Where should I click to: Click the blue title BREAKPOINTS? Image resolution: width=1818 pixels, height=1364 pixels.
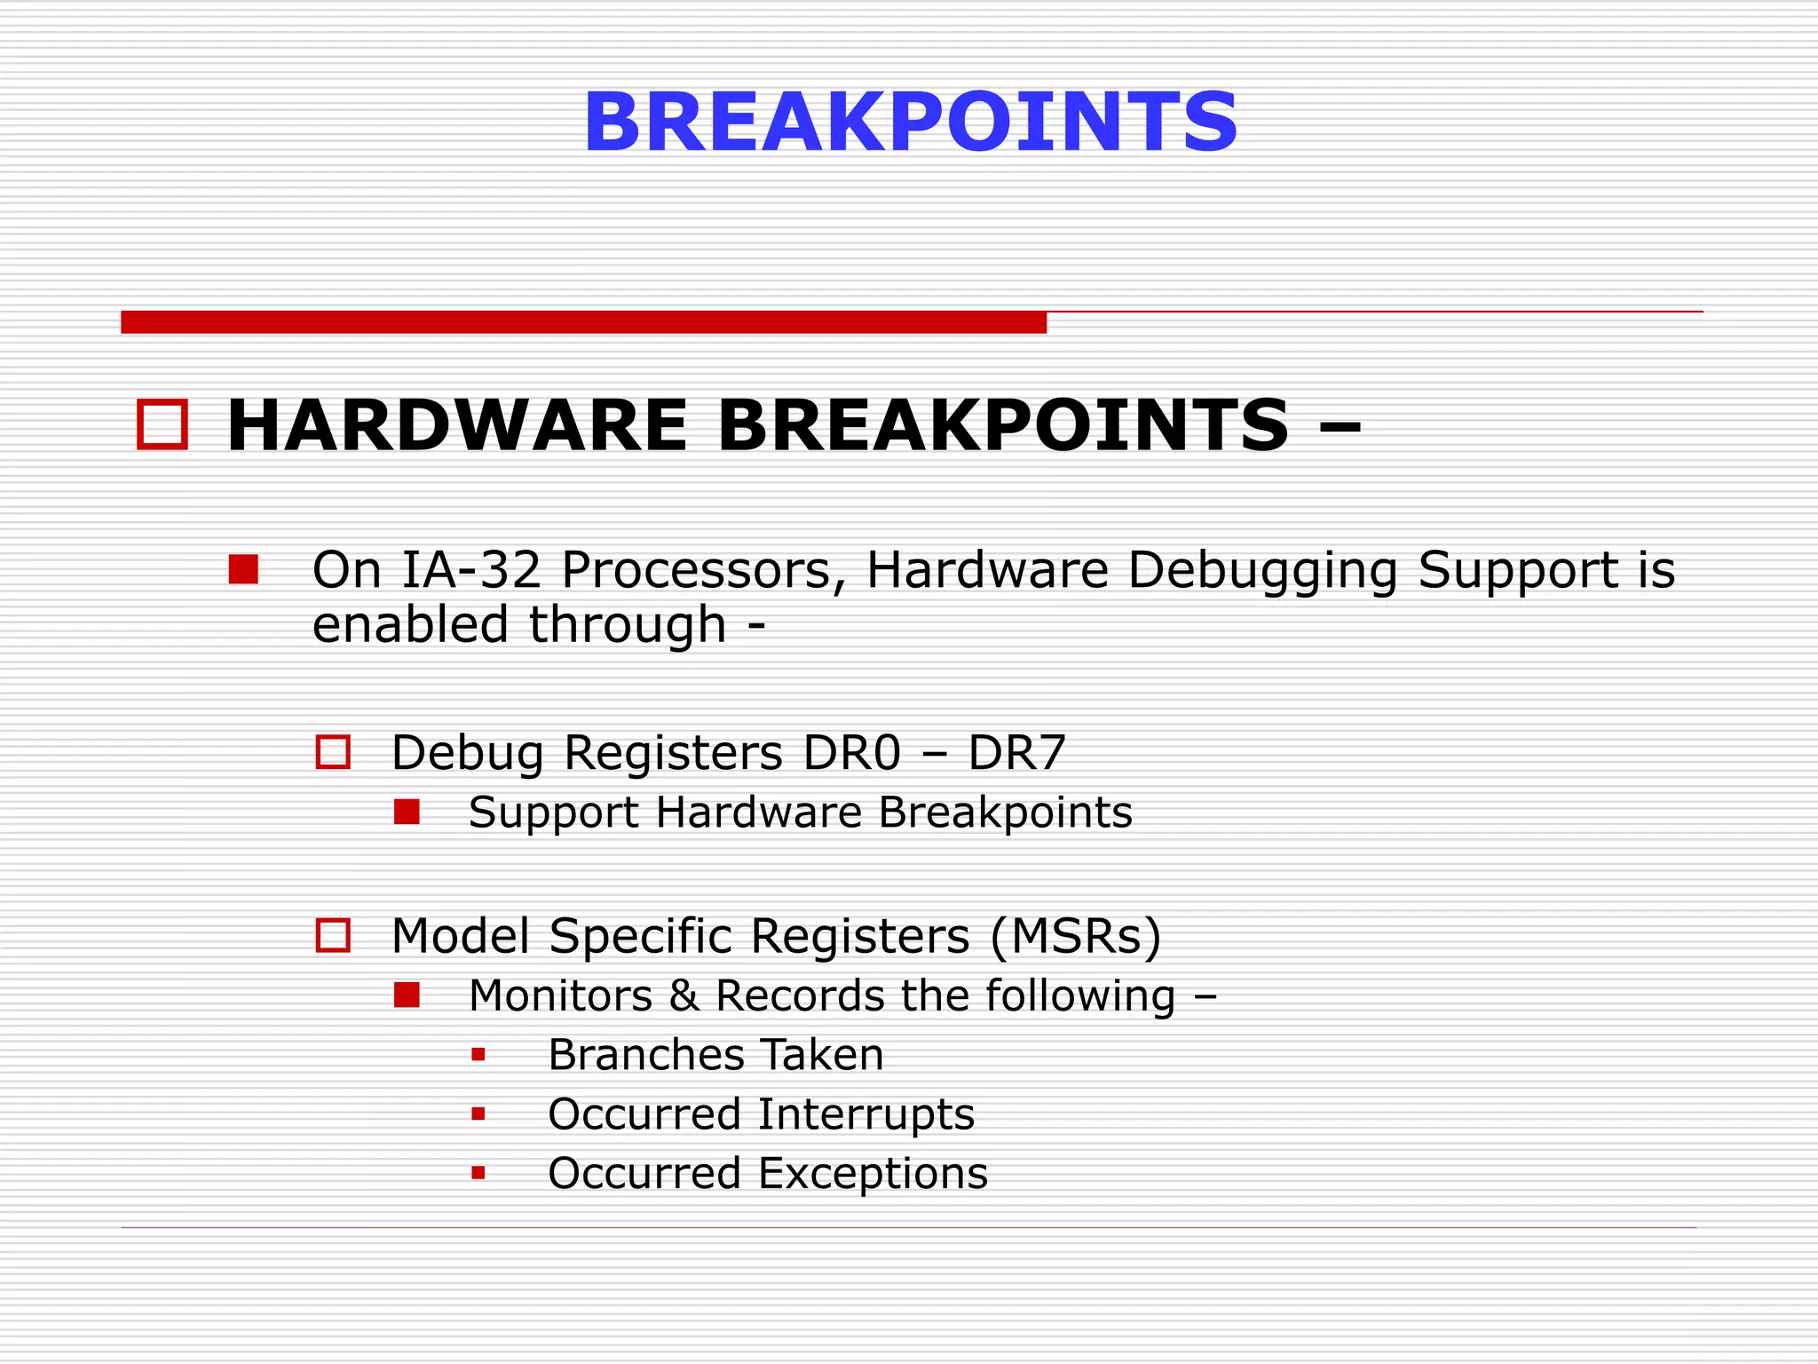[910, 123]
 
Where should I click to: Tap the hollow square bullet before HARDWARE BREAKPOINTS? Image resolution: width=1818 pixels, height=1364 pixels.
[162, 425]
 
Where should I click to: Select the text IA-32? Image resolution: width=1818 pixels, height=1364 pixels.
[471, 569]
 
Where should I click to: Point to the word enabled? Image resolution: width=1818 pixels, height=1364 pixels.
[411, 624]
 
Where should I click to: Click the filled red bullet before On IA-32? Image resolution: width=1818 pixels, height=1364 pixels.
[243, 569]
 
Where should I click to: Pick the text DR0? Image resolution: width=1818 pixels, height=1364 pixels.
[851, 753]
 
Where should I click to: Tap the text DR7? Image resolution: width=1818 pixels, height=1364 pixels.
[1016, 753]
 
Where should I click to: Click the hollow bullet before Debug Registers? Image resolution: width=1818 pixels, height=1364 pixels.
[333, 752]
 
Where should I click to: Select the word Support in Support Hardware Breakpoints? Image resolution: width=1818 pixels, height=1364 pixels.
[553, 813]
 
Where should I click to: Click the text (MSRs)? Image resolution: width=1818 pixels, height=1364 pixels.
[1075, 936]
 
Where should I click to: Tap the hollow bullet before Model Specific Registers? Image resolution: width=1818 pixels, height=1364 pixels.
[333, 935]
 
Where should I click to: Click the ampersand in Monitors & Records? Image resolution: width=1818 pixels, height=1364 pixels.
[684, 995]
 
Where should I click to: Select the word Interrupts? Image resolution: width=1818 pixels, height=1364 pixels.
[866, 1114]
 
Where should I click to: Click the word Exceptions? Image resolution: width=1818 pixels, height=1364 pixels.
[873, 1174]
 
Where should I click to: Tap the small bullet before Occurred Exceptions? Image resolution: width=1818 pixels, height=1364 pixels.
[478, 1173]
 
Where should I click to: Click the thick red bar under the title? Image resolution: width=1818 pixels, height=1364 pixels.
[583, 322]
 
